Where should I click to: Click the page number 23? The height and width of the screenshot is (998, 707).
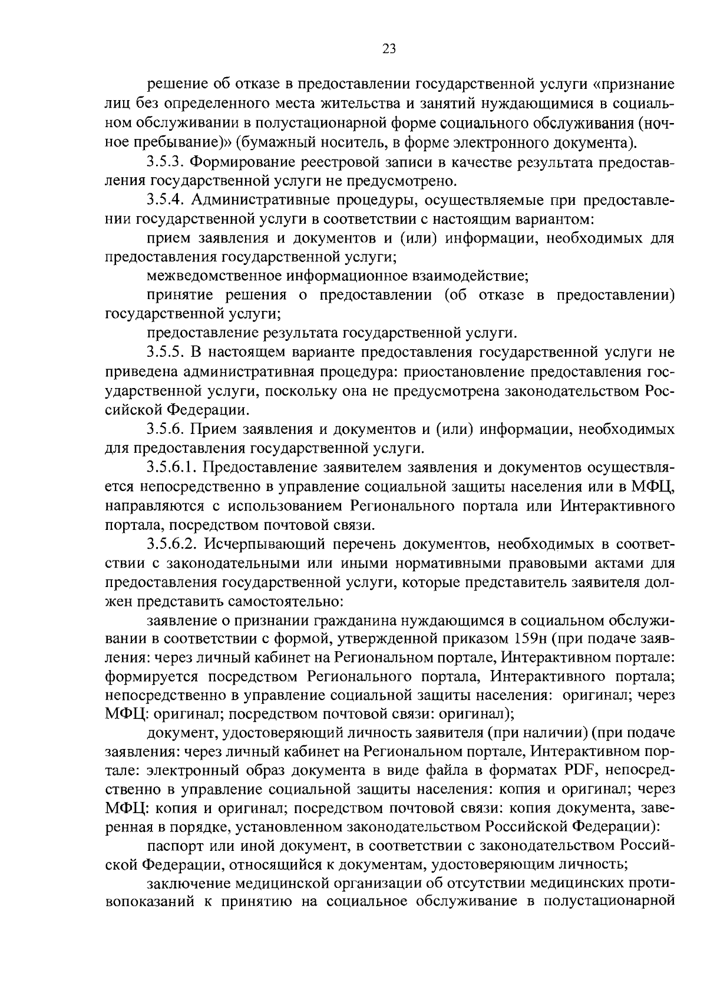[389, 49]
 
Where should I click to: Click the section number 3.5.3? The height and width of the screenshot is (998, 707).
[166, 161]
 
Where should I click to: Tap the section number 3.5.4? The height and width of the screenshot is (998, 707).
[166, 200]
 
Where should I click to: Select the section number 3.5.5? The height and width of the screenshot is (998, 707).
[166, 353]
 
